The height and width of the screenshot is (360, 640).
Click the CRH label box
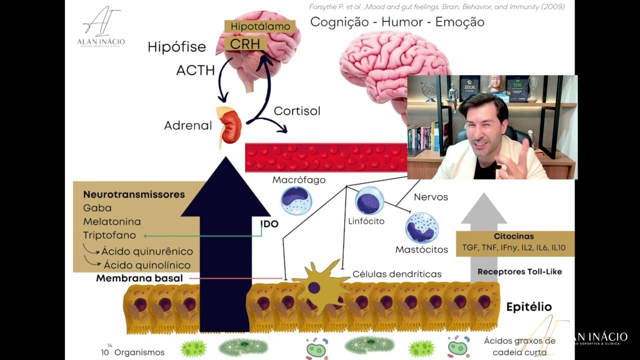click(245, 43)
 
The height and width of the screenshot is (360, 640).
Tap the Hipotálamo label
click(260, 26)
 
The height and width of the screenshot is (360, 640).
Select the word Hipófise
click(176, 47)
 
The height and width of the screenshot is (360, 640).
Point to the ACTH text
click(195, 70)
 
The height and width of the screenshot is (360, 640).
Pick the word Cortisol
click(297, 111)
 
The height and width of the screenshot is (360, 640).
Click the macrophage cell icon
click(296, 200)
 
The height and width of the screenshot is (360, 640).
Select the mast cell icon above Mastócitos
click(421, 227)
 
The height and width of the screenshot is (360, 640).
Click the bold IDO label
click(269, 224)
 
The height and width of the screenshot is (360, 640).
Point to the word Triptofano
click(109, 235)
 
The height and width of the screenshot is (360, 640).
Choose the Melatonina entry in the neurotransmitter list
click(112, 221)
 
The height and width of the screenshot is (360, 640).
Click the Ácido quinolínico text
click(147, 265)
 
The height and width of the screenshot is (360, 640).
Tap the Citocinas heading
click(513, 236)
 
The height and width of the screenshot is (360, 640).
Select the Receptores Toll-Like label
click(519, 271)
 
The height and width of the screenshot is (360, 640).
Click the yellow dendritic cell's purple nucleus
click(314, 287)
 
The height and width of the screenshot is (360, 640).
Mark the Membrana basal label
click(139, 278)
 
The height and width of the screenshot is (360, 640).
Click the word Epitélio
click(528, 306)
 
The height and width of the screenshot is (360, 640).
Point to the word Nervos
click(430, 197)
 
